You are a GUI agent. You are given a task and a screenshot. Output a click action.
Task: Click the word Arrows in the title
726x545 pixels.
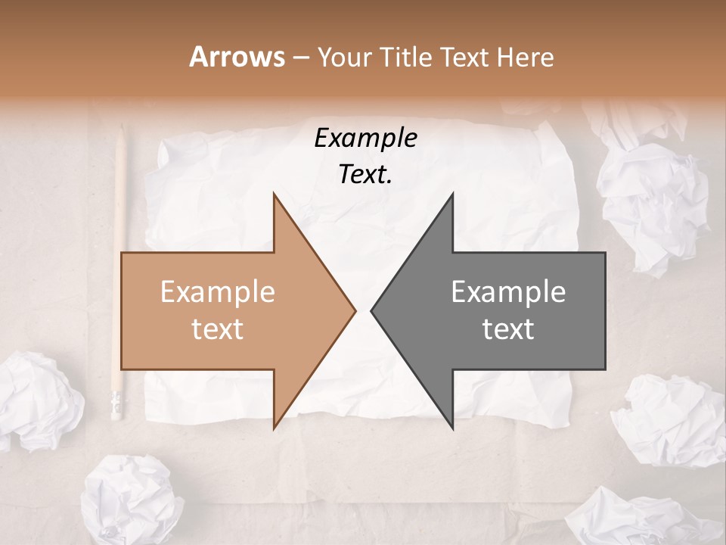237,57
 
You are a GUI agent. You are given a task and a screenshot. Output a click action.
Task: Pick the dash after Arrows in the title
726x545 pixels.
300,58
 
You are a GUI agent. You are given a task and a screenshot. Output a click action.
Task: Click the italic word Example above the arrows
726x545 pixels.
365,139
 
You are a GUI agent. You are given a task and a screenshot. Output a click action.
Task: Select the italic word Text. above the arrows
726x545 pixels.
365,175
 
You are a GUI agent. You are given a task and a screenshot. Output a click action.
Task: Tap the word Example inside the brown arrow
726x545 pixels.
217,291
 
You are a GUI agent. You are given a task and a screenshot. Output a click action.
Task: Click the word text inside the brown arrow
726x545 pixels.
217,329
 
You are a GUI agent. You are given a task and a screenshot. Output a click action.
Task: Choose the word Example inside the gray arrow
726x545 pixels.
508,291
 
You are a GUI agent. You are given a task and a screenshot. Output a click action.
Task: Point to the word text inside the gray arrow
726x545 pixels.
508,329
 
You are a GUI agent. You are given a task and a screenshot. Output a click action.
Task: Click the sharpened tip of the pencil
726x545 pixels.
121,130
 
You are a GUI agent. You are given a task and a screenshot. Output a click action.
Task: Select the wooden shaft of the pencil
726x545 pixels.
119,265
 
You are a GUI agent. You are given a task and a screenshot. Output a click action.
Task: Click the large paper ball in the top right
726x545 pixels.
652,197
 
